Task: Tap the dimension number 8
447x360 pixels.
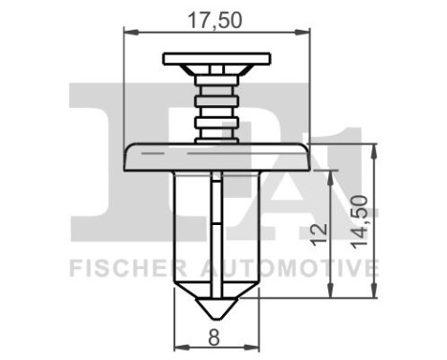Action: (x=214, y=336)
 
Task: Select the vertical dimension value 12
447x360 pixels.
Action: (x=321, y=231)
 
